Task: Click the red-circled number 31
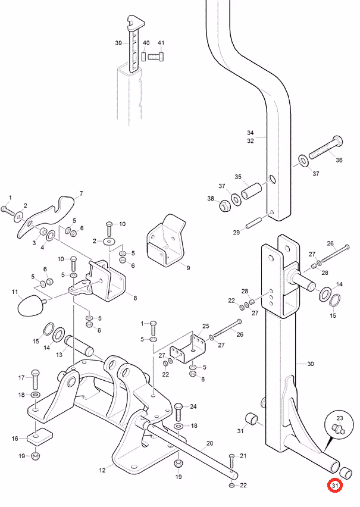coord(335,486)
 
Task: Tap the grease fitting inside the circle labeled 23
coord(339,429)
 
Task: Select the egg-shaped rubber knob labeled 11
coord(32,305)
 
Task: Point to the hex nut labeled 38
coord(224,206)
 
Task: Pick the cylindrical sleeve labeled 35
coord(251,191)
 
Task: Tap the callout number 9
coord(188,268)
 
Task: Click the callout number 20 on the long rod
coord(209,443)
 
